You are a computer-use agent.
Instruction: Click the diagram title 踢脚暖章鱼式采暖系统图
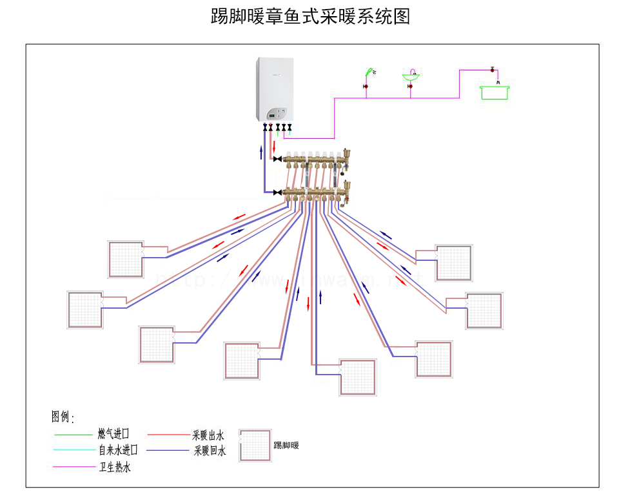click(x=310, y=16)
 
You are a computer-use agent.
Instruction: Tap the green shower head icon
click(x=369, y=70)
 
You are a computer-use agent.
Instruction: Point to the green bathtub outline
click(x=495, y=92)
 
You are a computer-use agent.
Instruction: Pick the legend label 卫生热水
click(x=114, y=467)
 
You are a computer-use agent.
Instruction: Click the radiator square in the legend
click(x=255, y=446)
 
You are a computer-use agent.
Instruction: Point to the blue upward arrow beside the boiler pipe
click(x=261, y=152)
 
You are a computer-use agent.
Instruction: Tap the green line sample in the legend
click(x=73, y=435)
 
